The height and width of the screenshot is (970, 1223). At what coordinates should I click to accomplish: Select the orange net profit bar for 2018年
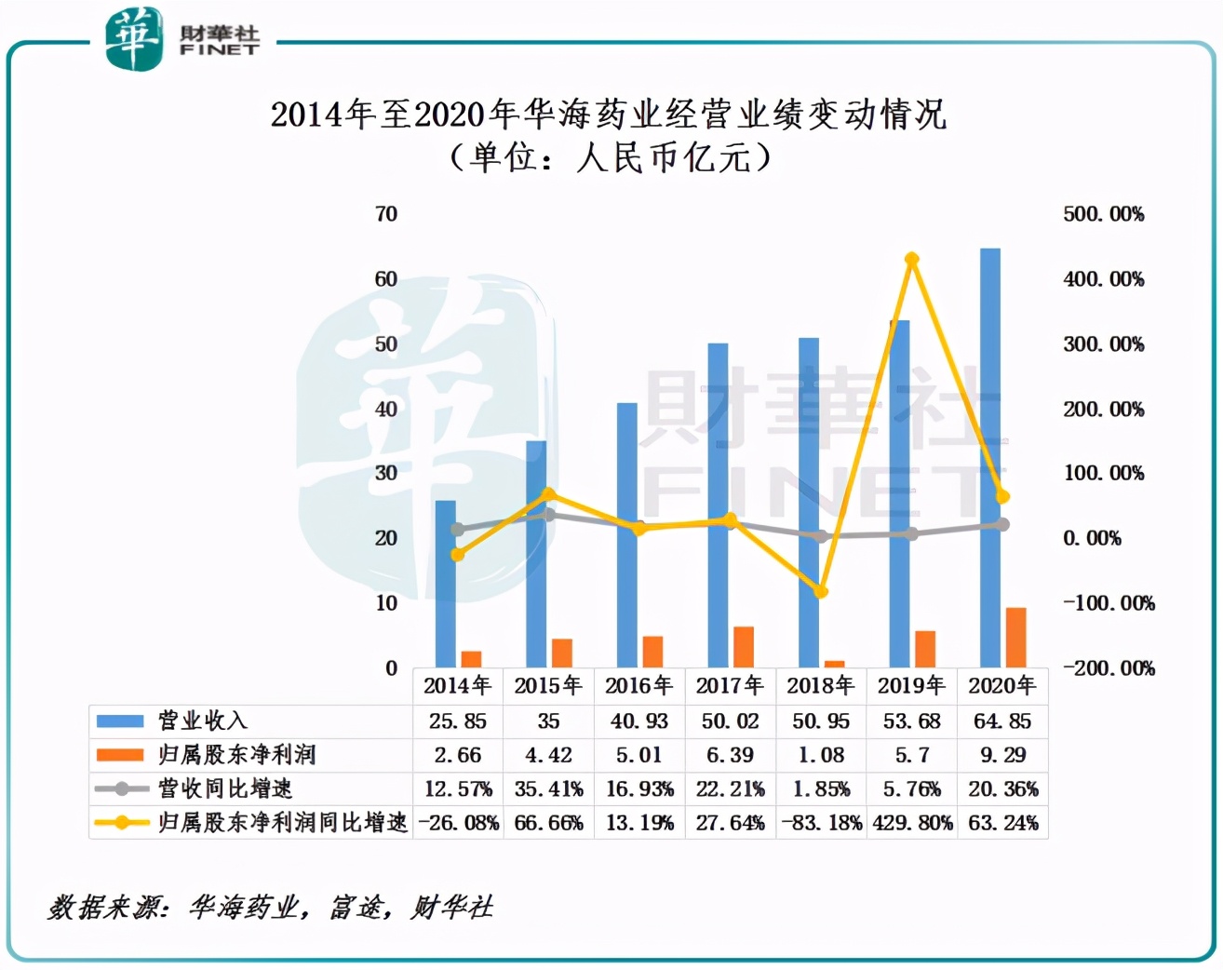(835, 664)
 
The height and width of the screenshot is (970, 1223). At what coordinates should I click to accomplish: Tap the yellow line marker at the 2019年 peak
(912, 260)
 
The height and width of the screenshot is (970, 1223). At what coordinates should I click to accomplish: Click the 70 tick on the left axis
(386, 214)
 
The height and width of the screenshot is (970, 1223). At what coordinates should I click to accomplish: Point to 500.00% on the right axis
(1104, 214)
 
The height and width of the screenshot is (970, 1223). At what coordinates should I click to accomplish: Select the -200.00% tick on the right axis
(1109, 668)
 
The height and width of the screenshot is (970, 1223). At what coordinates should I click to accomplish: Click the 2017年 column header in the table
(730, 686)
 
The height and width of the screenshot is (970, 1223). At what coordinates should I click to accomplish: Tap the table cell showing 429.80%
(912, 823)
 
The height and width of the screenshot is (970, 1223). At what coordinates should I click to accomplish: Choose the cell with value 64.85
(1002, 721)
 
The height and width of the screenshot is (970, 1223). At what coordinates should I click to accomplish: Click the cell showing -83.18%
(821, 823)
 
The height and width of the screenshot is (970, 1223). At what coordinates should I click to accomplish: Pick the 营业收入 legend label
(203, 721)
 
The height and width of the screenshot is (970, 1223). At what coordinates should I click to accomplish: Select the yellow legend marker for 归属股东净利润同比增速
(121, 823)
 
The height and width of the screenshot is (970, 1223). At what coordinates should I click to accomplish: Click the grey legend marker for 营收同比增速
(121, 789)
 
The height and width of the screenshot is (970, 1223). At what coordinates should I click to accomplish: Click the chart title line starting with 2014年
(609, 115)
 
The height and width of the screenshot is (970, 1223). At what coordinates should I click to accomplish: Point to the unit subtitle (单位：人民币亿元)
(611, 157)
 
